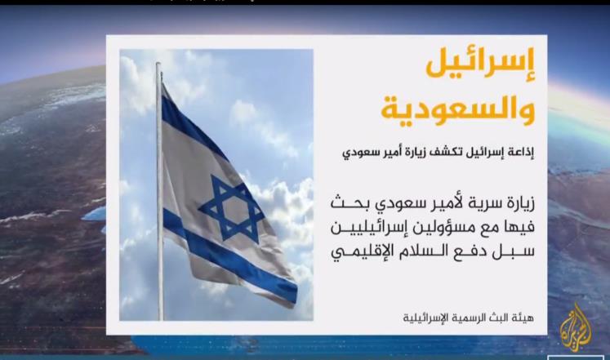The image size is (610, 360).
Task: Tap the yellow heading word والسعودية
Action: (x=458, y=109)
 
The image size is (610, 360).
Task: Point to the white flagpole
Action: (x=159, y=191)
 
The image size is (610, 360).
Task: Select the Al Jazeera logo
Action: (x=576, y=327)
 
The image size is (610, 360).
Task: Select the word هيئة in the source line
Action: (x=525, y=318)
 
